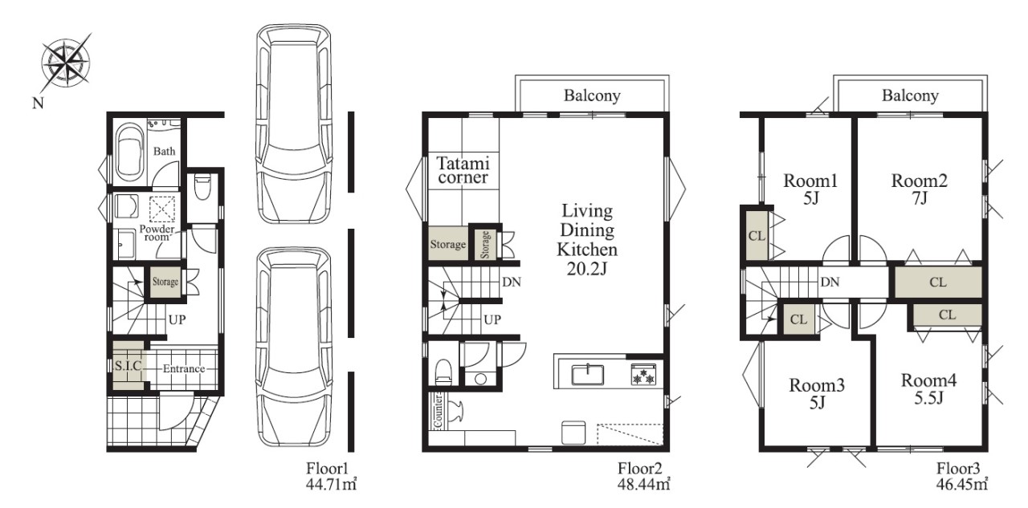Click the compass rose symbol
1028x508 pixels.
pos(66,63)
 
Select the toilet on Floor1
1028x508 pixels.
pos(202,187)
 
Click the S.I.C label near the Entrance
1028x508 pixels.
pos(128,366)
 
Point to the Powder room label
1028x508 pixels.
pos(157,233)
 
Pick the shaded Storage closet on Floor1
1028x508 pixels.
pos(165,282)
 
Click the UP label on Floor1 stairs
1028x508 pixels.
pos(177,319)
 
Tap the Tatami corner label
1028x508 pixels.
pos(463,170)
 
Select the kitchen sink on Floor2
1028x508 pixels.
pos(587,375)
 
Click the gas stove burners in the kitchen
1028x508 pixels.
pos(643,375)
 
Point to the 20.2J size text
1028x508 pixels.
pos(587,269)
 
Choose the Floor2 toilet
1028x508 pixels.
pos(443,372)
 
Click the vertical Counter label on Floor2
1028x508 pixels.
pos(439,411)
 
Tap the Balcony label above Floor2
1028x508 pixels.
pos(592,96)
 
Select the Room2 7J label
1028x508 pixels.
pos(920,189)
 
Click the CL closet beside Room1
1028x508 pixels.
pos(757,236)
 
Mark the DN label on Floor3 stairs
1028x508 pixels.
pos(830,282)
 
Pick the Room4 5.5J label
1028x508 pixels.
pos(929,388)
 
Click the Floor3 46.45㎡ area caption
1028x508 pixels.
pos(962,477)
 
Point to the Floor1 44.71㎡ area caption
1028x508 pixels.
pos(332,477)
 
